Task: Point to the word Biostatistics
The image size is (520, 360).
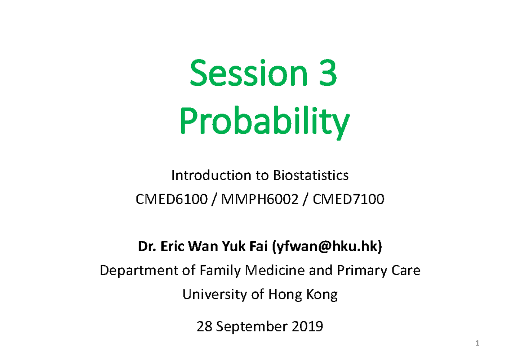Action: tap(310, 175)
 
